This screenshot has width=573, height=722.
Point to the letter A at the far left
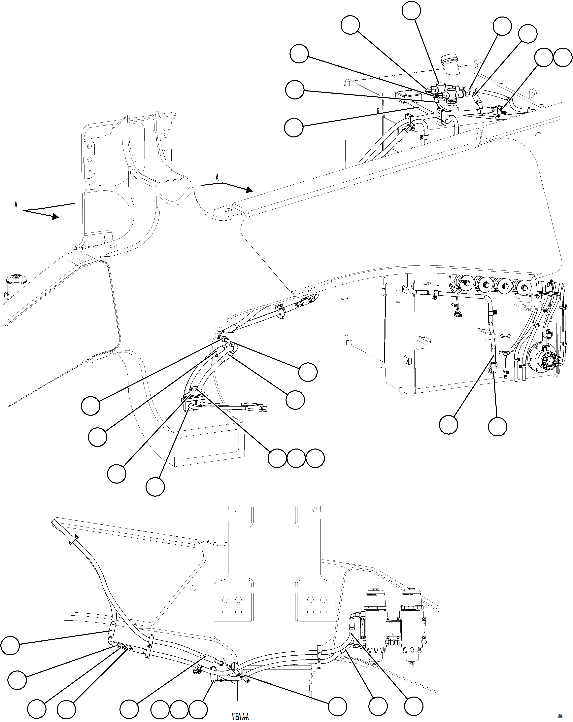pos(16,205)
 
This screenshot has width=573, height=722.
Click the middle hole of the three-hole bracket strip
pos(89,159)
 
